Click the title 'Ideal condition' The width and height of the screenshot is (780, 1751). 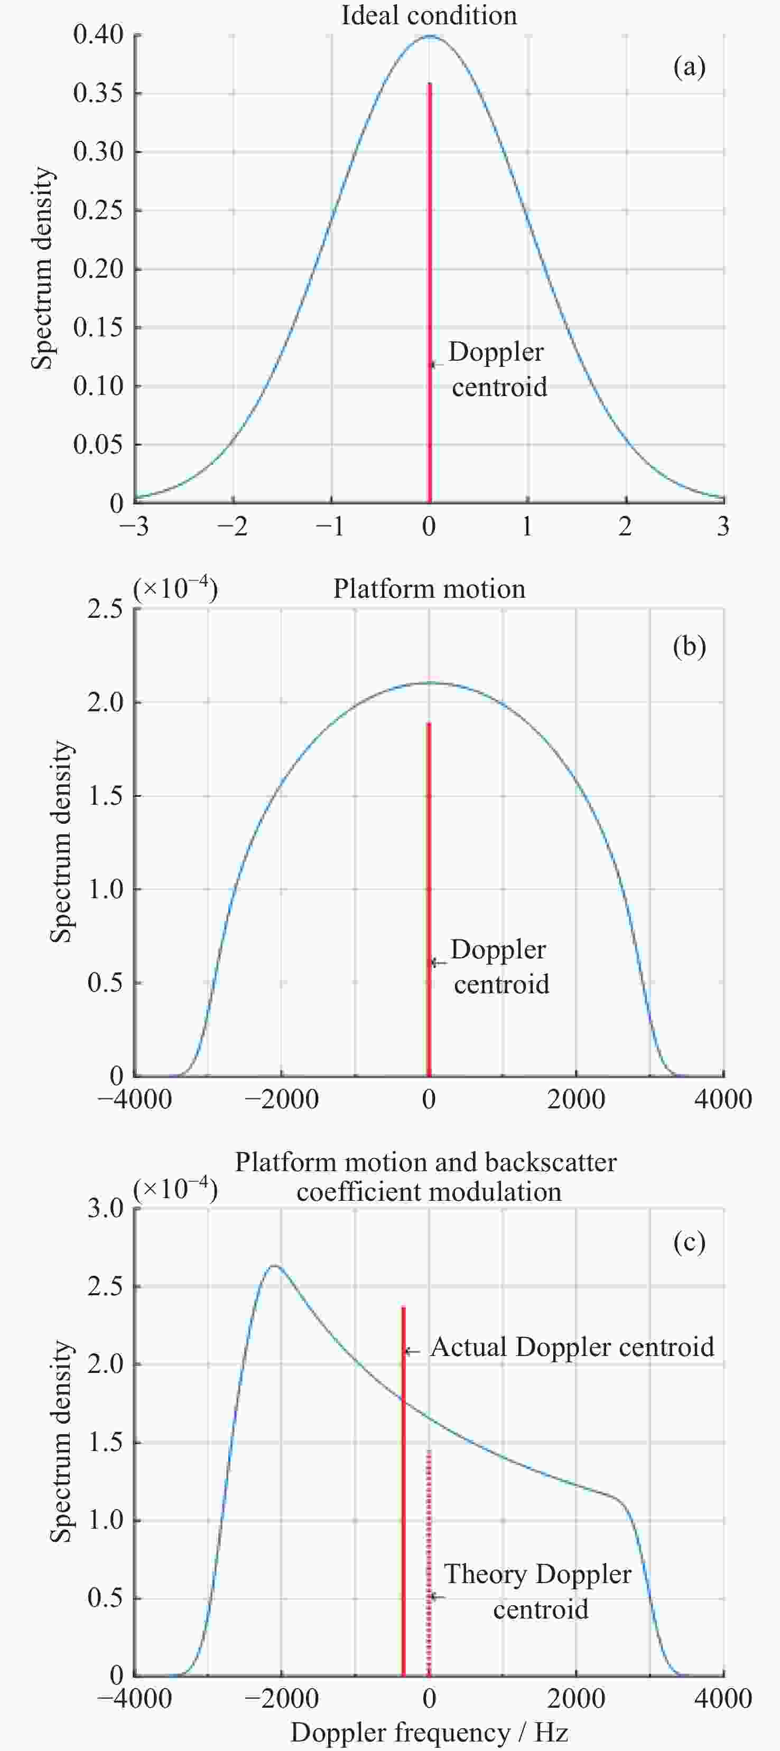tap(429, 15)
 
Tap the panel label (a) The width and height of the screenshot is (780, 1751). tap(689, 67)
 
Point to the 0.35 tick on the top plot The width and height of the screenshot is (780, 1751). tap(98, 92)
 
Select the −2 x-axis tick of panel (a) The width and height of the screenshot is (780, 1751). tap(233, 528)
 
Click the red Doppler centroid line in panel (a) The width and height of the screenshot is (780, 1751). tap(429, 272)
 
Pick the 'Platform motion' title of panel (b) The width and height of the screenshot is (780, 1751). tap(429, 589)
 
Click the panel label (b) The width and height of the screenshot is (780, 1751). tap(689, 646)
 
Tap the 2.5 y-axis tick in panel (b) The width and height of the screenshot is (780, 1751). tap(105, 609)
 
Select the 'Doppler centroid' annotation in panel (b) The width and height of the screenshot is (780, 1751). tap(499, 966)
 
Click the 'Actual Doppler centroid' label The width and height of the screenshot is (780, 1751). tap(572, 1347)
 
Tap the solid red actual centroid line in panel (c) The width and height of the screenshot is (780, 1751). tap(403, 1495)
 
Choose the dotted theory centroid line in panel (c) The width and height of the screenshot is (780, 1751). tap(429, 1564)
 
